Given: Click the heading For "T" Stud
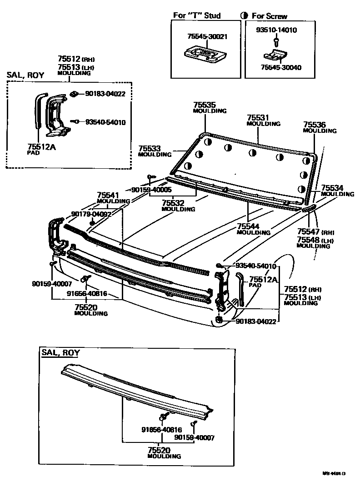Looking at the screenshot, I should [197, 15].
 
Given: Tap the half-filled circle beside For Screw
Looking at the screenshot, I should [245, 16].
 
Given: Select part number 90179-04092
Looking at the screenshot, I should [91, 214].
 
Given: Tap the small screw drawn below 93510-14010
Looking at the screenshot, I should [276, 42].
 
